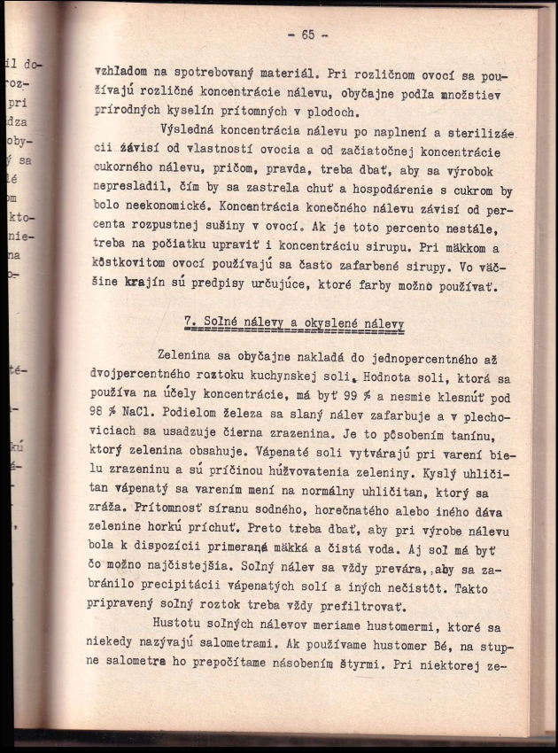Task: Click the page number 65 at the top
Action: coord(307,35)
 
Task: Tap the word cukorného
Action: coord(126,170)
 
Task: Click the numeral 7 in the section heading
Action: coord(188,324)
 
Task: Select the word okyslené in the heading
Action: coord(329,324)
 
